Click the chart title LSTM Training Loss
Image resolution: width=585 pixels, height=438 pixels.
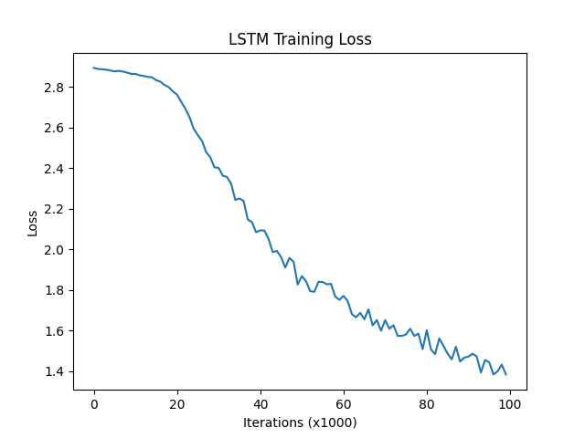[300, 40]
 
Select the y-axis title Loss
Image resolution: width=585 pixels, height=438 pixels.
[33, 222]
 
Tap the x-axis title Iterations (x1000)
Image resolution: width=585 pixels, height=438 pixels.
[300, 423]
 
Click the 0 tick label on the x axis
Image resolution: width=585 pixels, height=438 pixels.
[94, 403]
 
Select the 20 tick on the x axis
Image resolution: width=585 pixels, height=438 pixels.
[177, 403]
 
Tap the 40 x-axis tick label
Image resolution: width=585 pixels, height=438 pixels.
[261, 403]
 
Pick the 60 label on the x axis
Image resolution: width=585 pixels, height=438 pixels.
[344, 403]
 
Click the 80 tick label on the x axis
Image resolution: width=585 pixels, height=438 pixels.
[427, 403]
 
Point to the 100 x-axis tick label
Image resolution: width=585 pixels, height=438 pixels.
[510, 403]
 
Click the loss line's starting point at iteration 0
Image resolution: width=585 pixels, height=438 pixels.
[94, 68]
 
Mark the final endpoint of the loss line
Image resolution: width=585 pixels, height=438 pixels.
[505, 374]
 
